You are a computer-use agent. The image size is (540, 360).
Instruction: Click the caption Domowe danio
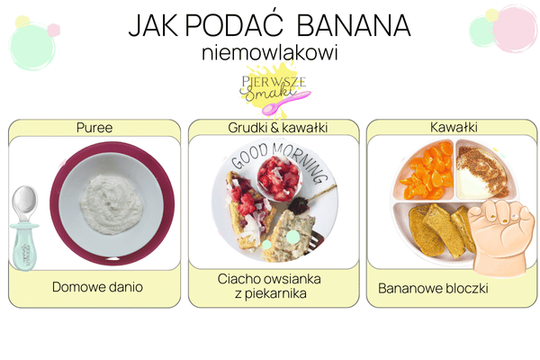pyautogui.click(x=96, y=287)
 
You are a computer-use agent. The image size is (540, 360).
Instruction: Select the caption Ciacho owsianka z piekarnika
pyautogui.click(x=270, y=287)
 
